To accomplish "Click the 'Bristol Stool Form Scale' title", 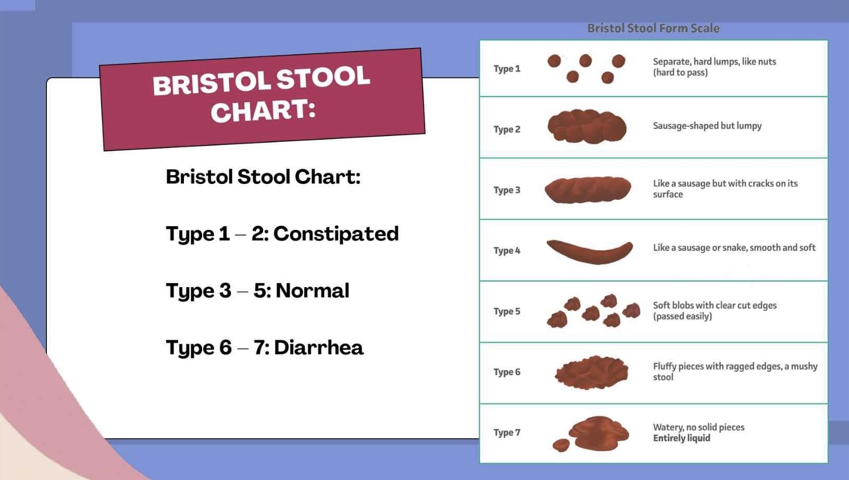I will click(653, 28).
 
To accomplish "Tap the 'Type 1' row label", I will click(506, 69).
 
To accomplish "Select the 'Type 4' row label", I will click(506, 251).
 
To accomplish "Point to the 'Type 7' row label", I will click(506, 433).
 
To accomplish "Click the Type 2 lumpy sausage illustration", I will click(587, 126).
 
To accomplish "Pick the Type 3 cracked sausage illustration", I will click(588, 190).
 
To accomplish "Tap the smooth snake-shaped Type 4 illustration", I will click(590, 251).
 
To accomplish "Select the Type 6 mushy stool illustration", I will click(592, 372).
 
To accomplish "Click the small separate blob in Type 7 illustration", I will click(561, 445).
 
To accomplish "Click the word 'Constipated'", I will click(336, 233).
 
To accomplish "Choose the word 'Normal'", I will click(312, 290).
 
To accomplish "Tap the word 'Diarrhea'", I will click(318, 348).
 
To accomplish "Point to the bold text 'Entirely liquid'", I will click(681, 438).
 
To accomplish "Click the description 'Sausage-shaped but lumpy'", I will click(707, 126).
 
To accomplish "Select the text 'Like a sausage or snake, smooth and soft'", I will click(734, 248).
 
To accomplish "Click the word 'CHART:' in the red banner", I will click(263, 111).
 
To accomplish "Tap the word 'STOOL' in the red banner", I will click(322, 78).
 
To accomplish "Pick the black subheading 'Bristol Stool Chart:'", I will click(263, 177).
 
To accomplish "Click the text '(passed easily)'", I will click(682, 316).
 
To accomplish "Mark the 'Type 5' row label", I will click(506, 311).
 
